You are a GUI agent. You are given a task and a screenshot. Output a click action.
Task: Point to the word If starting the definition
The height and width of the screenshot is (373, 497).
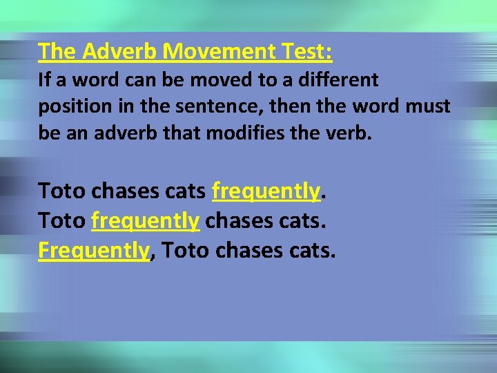click(45, 80)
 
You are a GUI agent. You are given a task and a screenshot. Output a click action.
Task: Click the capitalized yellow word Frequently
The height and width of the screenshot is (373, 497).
click(94, 250)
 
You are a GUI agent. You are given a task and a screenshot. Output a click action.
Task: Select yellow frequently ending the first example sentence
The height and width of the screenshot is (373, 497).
click(266, 190)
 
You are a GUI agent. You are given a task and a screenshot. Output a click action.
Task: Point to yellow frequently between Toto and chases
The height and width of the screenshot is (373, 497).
click(145, 220)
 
